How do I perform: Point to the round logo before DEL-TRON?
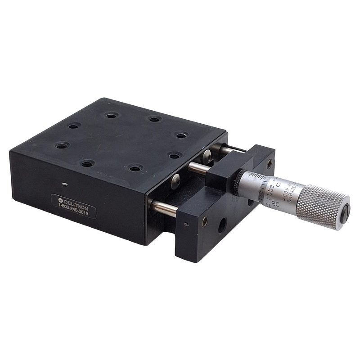coord(60,199)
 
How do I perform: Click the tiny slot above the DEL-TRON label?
coord(66,184)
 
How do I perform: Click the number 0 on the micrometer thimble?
coord(278,184)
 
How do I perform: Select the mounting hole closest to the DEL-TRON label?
coord(87,164)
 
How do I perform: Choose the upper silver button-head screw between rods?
coord(207,156)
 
